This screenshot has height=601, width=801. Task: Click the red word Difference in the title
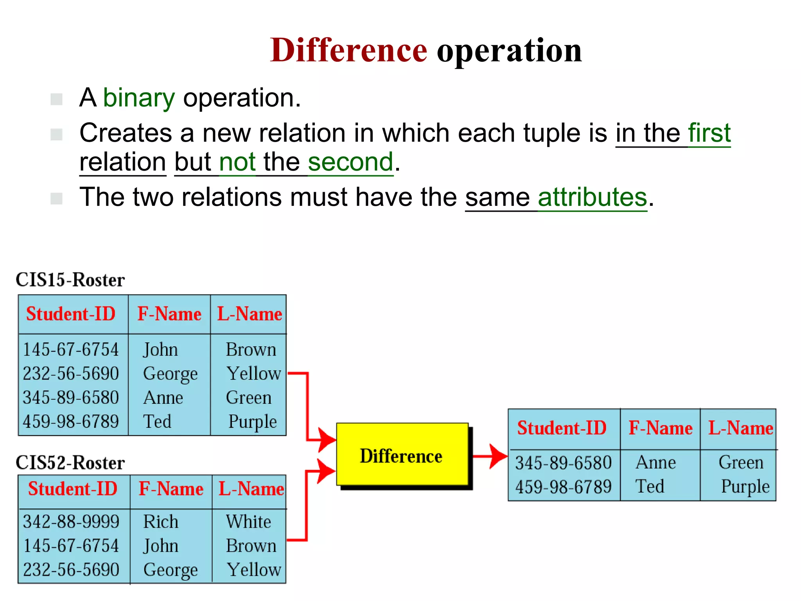(348, 50)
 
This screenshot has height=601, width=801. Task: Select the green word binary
(139, 98)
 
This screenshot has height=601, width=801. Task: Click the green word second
(350, 162)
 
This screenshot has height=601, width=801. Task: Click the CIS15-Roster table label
(70, 280)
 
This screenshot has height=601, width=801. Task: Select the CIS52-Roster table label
(70, 463)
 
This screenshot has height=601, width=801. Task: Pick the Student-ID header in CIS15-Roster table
(71, 314)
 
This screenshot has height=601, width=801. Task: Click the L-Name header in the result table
(740, 428)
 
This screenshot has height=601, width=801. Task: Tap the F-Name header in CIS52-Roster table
(171, 489)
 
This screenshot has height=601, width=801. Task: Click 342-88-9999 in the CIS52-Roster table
(71, 522)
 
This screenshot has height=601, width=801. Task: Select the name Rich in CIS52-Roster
(160, 522)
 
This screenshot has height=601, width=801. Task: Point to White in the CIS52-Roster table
(248, 522)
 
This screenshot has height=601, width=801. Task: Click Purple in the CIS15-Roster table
(252, 422)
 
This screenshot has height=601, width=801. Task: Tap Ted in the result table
(650, 487)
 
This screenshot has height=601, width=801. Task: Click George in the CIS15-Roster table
(170, 374)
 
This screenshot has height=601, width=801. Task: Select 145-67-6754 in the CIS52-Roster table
(71, 546)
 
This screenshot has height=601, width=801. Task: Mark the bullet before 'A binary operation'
(57, 99)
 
